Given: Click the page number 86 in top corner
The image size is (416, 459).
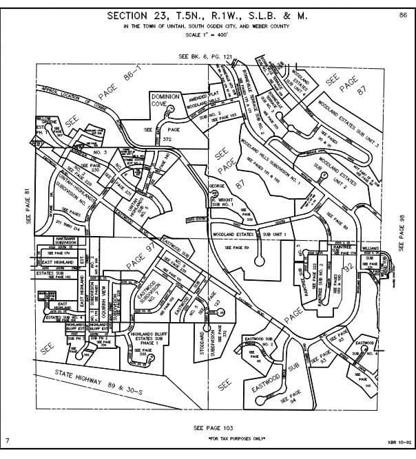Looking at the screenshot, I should pos(403,14).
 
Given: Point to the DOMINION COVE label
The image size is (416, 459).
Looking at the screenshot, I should pos(165,101).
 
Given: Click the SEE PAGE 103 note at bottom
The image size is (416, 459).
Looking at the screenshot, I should pos(207,427).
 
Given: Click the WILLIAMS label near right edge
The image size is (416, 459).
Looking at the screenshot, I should pos(371,248).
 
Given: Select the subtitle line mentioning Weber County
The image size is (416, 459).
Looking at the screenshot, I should pos(207,26).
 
